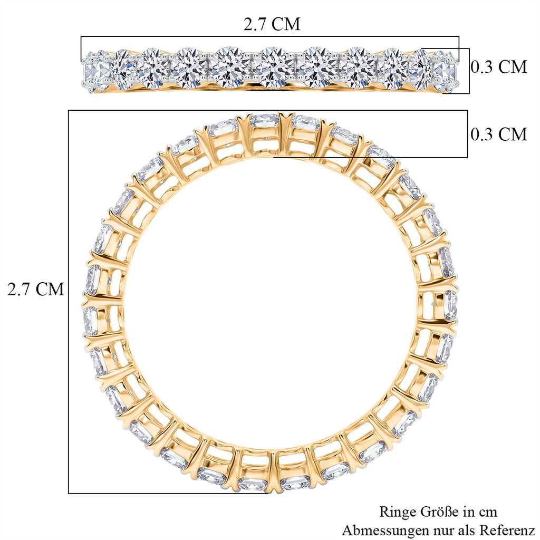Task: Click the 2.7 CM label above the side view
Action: [272, 24]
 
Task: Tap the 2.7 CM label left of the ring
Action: [36, 289]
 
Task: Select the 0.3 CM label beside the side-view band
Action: [499, 66]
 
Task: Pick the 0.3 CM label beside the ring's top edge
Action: [499, 133]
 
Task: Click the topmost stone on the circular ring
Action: [264, 120]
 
